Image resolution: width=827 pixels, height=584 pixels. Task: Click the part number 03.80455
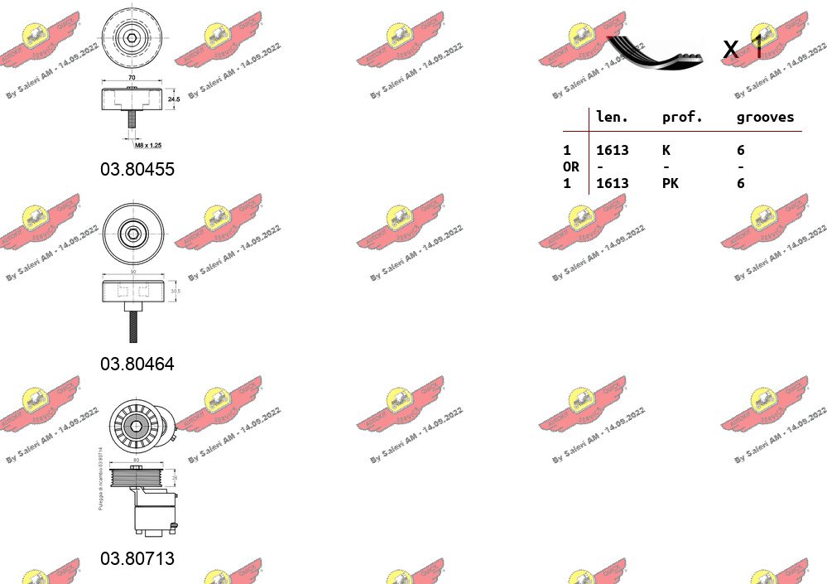(137, 169)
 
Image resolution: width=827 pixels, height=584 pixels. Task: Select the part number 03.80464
(137, 364)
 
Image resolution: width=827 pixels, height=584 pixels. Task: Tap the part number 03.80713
(137, 558)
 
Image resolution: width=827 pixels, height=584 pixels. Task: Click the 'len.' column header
(613, 117)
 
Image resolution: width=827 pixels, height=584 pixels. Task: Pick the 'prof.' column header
(682, 117)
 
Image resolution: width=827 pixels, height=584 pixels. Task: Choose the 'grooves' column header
(765, 117)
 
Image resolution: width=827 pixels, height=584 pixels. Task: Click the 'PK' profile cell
(671, 183)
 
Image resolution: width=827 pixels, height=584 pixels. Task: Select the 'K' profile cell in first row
(666, 150)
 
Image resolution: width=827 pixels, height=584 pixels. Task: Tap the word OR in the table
(571, 167)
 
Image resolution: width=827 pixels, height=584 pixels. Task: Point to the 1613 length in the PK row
(613, 183)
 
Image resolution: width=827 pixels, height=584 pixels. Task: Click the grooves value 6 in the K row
(741, 150)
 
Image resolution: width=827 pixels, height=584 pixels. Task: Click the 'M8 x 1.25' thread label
(149, 145)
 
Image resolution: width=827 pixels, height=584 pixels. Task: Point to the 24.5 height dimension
(173, 99)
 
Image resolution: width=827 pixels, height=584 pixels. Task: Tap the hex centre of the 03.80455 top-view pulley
(132, 37)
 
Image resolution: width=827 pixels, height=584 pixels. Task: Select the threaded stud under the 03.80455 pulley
(131, 119)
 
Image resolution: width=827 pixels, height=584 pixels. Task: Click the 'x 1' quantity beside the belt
(743, 49)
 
